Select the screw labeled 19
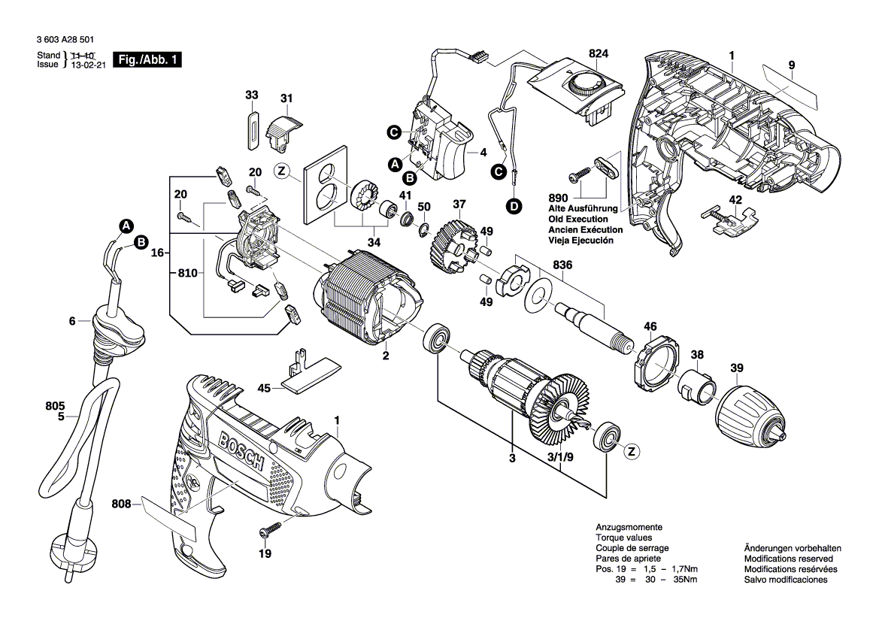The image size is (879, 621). click(265, 531)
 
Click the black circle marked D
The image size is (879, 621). click(514, 206)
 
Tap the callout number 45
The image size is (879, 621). click(264, 388)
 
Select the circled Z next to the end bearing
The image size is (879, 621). click(632, 451)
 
